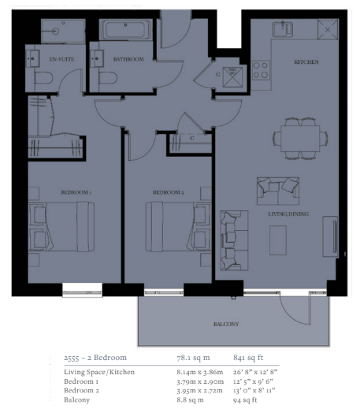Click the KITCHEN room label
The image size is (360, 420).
pyautogui.click(x=306, y=62)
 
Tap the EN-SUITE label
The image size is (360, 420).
pyautogui.click(x=62, y=59)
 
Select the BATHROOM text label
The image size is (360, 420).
pyautogui.click(x=128, y=59)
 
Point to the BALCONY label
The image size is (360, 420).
pyautogui.click(x=226, y=324)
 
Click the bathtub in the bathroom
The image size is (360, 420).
pyautogui.click(x=126, y=30)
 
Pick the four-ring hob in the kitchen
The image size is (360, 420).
pyautogui.click(x=261, y=69)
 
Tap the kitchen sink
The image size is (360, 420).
pyautogui.click(x=283, y=29)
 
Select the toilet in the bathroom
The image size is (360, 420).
pyautogui.click(x=108, y=79)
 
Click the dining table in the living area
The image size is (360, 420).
pyautogui.click(x=300, y=139)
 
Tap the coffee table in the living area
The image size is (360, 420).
pyautogui.click(x=278, y=240)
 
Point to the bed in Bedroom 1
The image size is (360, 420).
pyautogui.click(x=61, y=227)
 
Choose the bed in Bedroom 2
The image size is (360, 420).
pyautogui.click(x=179, y=227)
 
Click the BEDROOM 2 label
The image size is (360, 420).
pyautogui.click(x=169, y=192)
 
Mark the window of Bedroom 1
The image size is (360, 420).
pyautogui.click(x=83, y=290)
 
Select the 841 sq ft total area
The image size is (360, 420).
pyautogui.click(x=248, y=358)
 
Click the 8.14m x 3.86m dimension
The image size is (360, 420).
pyautogui.click(x=200, y=372)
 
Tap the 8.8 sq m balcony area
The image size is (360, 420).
pyautogui.click(x=190, y=400)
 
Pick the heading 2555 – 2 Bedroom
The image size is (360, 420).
pyautogui.click(x=95, y=358)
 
